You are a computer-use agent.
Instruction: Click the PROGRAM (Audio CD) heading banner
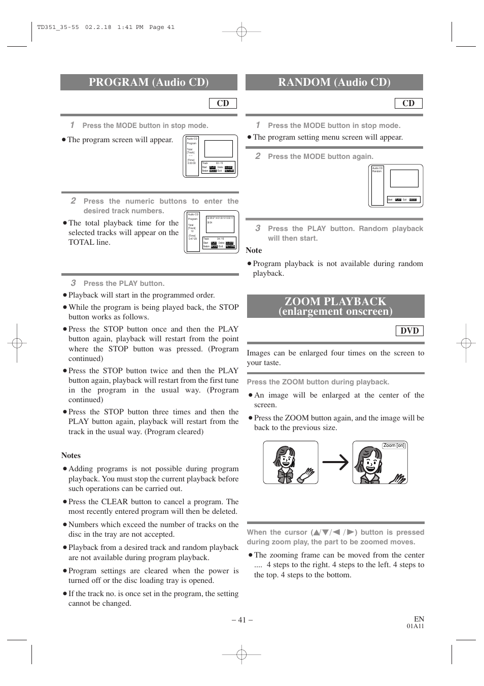149,82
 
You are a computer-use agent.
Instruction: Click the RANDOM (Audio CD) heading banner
334,82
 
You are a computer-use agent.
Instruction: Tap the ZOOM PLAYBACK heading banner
335,306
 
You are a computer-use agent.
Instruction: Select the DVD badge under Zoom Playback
409,331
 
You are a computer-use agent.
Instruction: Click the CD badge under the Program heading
223,103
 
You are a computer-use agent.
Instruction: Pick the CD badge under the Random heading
408,103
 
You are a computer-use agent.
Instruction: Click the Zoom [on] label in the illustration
394,446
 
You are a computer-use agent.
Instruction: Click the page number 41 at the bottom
241,619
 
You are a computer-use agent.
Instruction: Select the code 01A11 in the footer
415,626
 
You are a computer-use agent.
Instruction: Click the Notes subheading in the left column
71,455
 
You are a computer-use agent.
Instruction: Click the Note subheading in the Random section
254,250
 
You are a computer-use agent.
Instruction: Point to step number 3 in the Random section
258,228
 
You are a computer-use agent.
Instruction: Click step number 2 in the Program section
73,201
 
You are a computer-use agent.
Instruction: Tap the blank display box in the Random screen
404,179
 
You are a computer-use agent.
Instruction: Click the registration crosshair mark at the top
241,32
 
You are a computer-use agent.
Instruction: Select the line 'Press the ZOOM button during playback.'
318,382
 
